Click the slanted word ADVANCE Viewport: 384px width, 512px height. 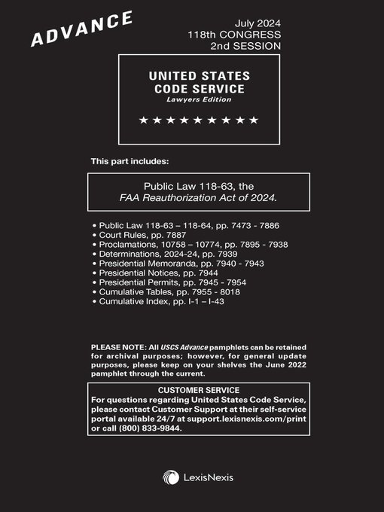click(x=82, y=29)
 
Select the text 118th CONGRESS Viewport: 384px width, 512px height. click(x=234, y=35)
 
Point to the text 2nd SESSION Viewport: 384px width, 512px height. click(x=245, y=46)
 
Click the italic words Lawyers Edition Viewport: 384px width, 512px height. click(x=200, y=99)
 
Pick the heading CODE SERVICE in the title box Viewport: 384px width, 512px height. click(x=200, y=89)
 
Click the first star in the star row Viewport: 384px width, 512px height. click(x=144, y=120)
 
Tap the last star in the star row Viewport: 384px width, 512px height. click(x=254, y=120)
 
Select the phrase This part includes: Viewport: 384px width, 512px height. click(x=130, y=161)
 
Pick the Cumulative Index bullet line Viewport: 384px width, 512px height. click(x=161, y=301)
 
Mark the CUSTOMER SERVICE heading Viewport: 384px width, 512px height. click(x=199, y=389)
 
